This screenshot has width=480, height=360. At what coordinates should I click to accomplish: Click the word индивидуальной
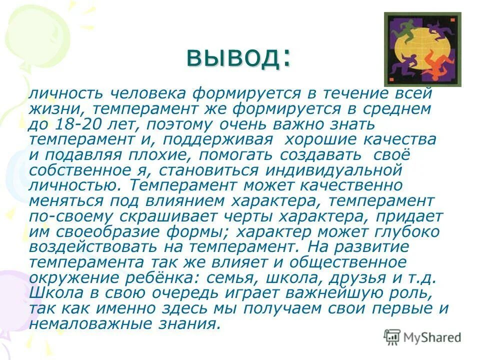(334, 170)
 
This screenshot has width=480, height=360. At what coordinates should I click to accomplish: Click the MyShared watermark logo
(422, 337)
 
